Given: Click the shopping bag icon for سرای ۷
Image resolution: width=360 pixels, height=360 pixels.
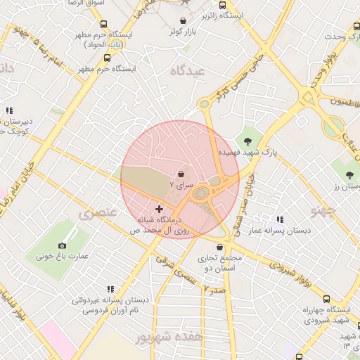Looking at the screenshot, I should [x=181, y=172].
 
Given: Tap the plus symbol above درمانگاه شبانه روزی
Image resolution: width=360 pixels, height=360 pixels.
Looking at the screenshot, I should [x=159, y=208].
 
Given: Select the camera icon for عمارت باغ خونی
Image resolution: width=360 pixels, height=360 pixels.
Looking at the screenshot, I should [x=63, y=245].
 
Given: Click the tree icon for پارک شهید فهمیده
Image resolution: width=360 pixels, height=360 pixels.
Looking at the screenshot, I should [x=247, y=141].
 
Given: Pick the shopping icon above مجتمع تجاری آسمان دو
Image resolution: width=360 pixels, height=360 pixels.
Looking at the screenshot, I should [x=221, y=247].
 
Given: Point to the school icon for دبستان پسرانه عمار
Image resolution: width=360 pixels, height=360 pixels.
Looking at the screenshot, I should [x=280, y=220].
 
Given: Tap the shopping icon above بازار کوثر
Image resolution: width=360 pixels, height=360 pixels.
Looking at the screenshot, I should [x=184, y=21].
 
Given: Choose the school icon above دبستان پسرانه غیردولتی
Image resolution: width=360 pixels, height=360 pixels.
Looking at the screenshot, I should [x=110, y=288].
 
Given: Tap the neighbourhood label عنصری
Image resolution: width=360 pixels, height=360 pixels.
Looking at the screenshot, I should [x=94, y=214].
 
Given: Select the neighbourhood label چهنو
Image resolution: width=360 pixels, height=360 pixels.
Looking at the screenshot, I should [x=326, y=209].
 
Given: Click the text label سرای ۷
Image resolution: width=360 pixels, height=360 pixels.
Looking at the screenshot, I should [x=181, y=184].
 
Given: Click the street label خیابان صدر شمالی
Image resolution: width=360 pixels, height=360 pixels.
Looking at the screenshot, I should [x=250, y=193].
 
